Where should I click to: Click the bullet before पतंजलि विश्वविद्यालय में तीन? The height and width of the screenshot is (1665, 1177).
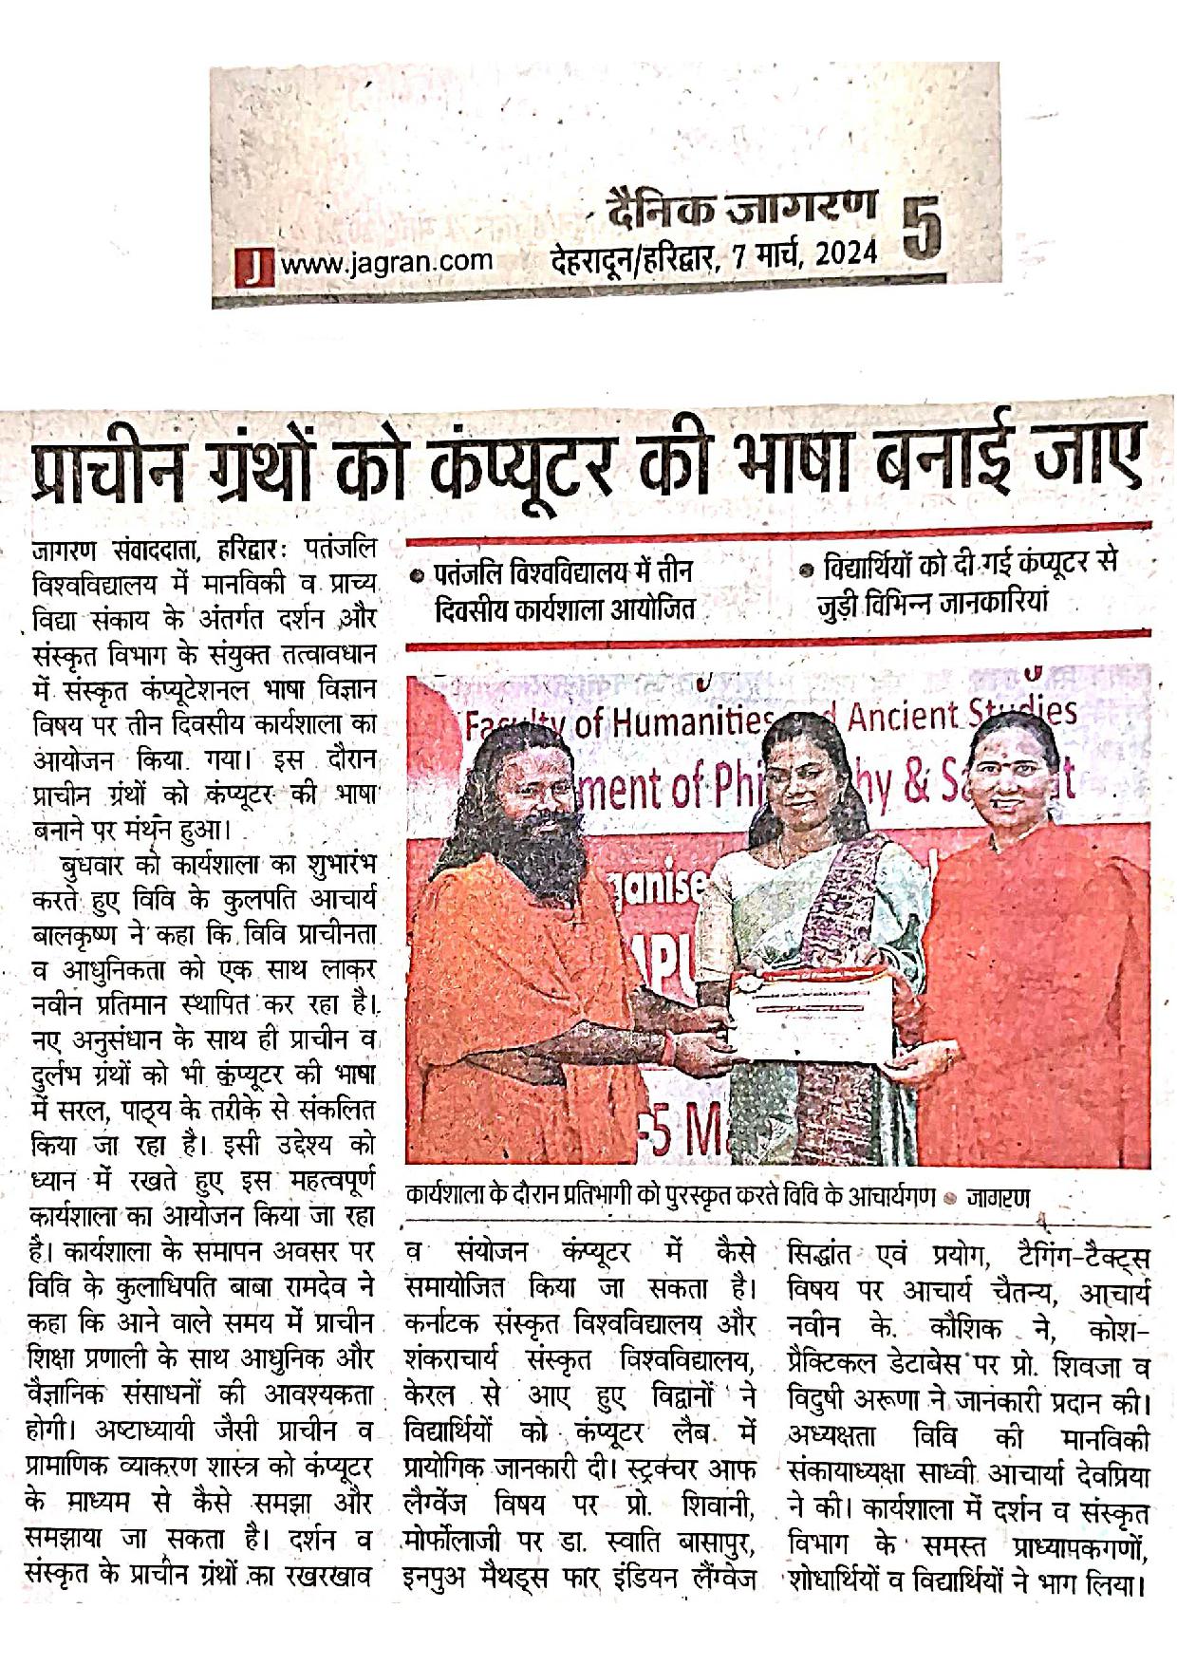click(x=416, y=574)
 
